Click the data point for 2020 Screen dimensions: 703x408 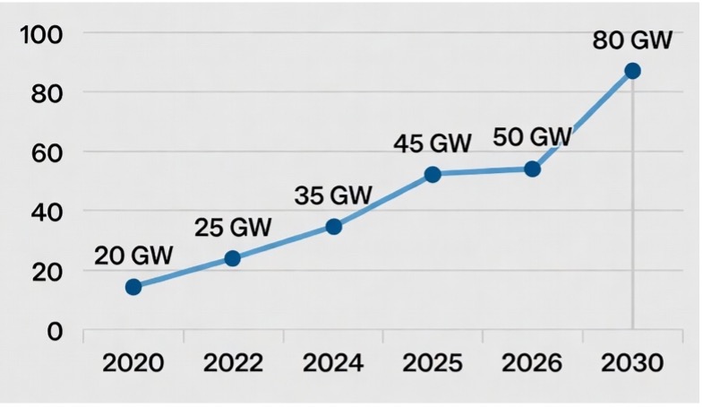(133, 287)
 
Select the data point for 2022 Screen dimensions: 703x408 (232, 258)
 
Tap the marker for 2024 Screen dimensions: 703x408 (333, 227)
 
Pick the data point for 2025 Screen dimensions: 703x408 (433, 174)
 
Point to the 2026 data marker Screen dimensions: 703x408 (532, 169)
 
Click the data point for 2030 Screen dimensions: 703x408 (632, 71)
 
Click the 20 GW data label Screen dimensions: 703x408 (133, 256)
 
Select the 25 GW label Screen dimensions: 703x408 (233, 227)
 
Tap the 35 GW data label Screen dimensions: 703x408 (333, 195)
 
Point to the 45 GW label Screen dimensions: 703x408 (433, 143)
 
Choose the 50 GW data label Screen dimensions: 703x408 (533, 136)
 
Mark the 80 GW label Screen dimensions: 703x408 (632, 40)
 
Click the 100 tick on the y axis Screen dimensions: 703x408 (41, 35)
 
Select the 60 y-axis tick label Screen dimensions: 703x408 (47, 153)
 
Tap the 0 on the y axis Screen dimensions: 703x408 (55, 332)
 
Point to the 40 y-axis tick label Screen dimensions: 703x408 (47, 213)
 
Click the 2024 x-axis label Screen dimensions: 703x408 (333, 362)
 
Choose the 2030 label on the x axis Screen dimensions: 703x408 (632, 362)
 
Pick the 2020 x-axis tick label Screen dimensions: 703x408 (133, 362)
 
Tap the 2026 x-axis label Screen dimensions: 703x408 (532, 362)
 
